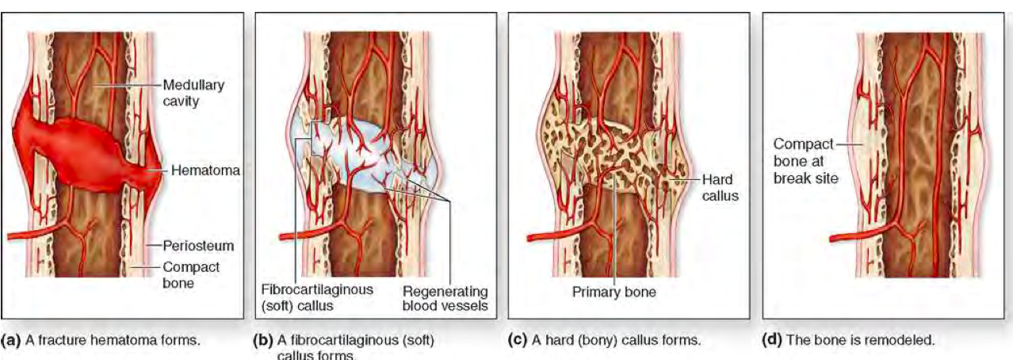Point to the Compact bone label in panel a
click(190, 274)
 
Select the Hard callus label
click(719, 189)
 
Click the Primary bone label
click(614, 292)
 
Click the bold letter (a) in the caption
click(11, 341)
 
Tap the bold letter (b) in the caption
click(262, 341)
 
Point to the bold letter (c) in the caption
click(517, 341)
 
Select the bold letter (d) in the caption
click(771, 341)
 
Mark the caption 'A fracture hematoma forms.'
click(111, 341)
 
